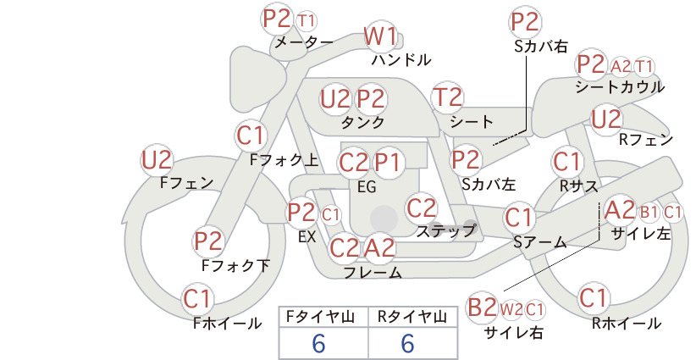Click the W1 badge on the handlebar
click(x=380, y=36)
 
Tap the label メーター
click(x=304, y=42)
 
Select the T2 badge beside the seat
click(x=447, y=97)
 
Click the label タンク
click(x=362, y=122)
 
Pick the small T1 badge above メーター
click(x=307, y=21)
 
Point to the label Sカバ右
click(x=541, y=47)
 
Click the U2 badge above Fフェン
click(x=157, y=160)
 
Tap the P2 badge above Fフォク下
click(x=208, y=241)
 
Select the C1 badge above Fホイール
click(x=196, y=299)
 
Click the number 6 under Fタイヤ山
click(x=318, y=343)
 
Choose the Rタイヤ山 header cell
click(x=412, y=317)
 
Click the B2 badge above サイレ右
click(x=482, y=307)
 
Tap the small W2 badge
click(x=511, y=309)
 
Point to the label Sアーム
click(x=539, y=242)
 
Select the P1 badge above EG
click(x=388, y=163)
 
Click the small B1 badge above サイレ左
click(x=649, y=213)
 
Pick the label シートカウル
click(x=620, y=87)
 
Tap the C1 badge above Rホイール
click(x=593, y=298)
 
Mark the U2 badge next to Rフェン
click(x=606, y=119)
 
